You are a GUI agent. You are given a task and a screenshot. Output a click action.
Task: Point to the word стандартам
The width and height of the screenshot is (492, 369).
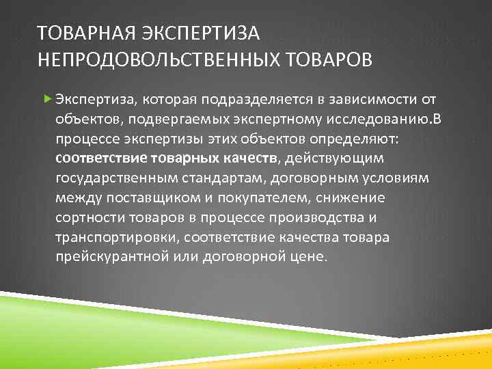point(213,179)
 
